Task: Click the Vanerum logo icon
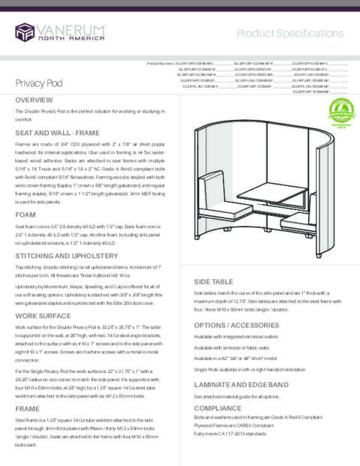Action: pyautogui.click(x=26, y=32)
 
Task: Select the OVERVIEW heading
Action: pyautogui.click(x=33, y=100)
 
